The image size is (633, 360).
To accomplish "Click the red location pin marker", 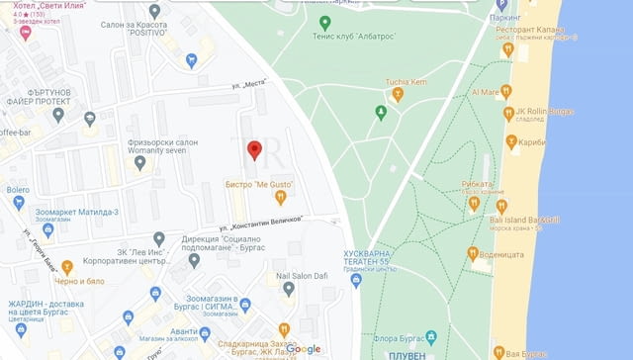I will [253, 150].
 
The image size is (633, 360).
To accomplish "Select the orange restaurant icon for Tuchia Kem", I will [398, 95].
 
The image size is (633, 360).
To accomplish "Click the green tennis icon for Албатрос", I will [325, 22].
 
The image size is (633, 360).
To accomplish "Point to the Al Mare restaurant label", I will [486, 91].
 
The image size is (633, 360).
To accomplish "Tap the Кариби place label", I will [538, 142].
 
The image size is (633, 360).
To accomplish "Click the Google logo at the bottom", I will [304, 348].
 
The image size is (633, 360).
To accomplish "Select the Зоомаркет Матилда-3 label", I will [76, 212].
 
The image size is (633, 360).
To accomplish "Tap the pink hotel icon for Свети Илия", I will [25, 32].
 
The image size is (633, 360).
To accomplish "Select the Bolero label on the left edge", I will [18, 189].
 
